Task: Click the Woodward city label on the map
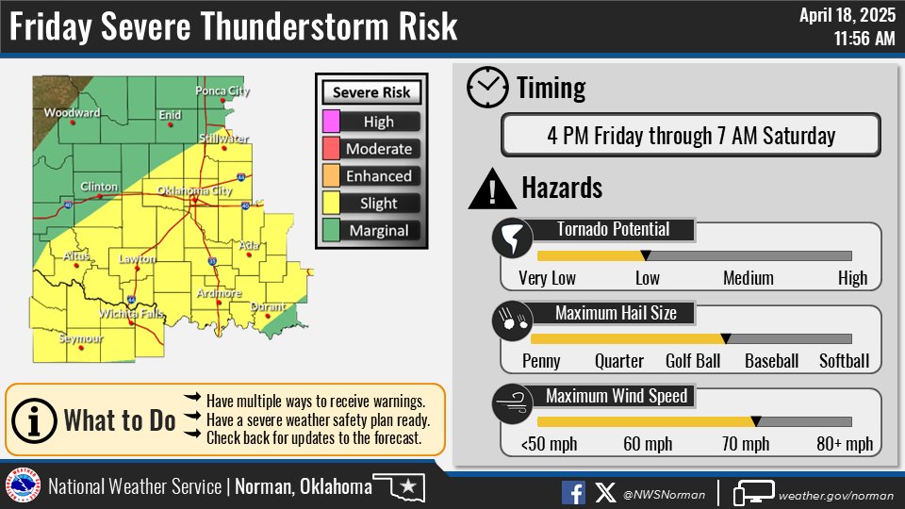tap(72, 113)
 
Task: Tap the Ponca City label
tap(222, 90)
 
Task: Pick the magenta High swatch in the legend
tap(332, 122)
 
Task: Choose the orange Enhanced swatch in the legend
tap(332, 176)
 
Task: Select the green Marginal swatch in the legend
tap(332, 231)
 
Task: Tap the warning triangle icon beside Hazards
tap(490, 189)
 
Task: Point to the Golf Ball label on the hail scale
tap(693, 361)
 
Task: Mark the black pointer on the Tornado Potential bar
tap(646, 255)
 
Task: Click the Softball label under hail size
tap(844, 361)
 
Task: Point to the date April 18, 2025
tap(847, 15)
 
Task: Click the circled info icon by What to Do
tap(35, 419)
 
